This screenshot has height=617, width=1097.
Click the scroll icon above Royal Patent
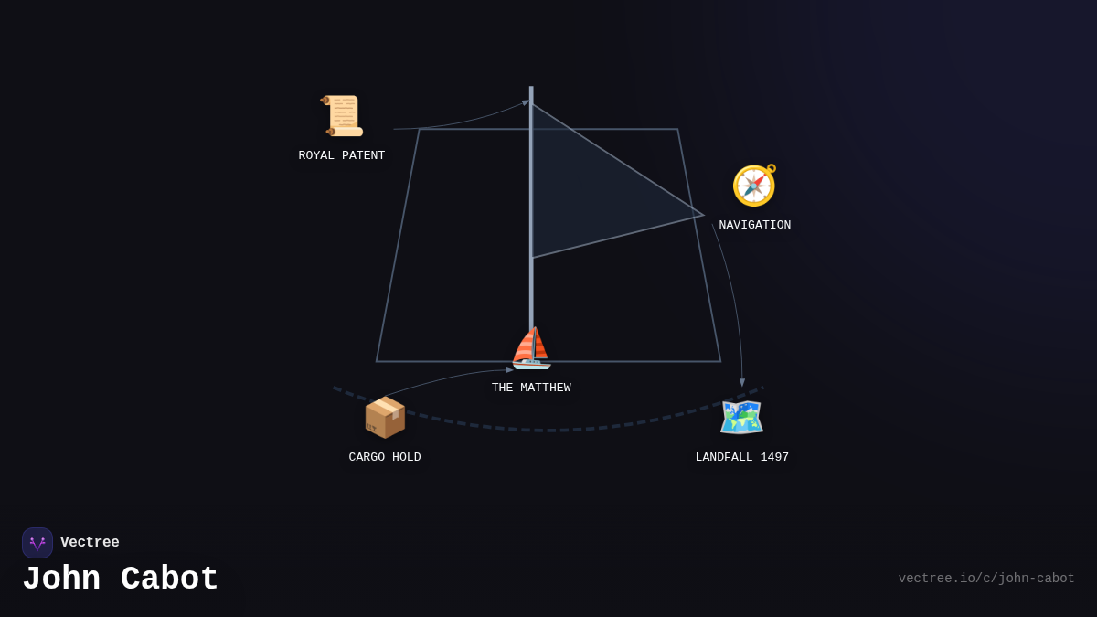[x=342, y=116]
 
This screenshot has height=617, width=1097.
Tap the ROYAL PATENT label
[x=342, y=156]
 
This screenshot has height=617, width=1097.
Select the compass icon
[x=754, y=186]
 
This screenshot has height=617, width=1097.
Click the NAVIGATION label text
[x=754, y=226]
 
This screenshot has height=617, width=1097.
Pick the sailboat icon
[x=531, y=348]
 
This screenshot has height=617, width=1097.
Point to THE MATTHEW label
[x=531, y=388]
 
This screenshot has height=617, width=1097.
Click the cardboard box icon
[x=385, y=418]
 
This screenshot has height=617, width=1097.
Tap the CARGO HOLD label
[x=385, y=458]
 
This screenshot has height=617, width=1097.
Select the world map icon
[x=741, y=418]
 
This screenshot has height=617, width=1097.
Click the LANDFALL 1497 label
[x=741, y=458]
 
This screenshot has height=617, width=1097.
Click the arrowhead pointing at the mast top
[x=526, y=102]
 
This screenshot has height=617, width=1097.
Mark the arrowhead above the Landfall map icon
[x=742, y=383]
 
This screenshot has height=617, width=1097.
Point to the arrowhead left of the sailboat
[x=509, y=370]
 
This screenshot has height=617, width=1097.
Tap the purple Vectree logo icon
[x=37, y=543]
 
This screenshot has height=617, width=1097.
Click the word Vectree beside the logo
[x=90, y=543]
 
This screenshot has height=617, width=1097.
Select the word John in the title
[x=61, y=580]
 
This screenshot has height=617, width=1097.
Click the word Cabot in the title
[x=170, y=580]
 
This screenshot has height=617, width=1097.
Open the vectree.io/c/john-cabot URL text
[x=985, y=579]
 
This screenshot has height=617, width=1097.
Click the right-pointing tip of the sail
[x=702, y=216]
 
